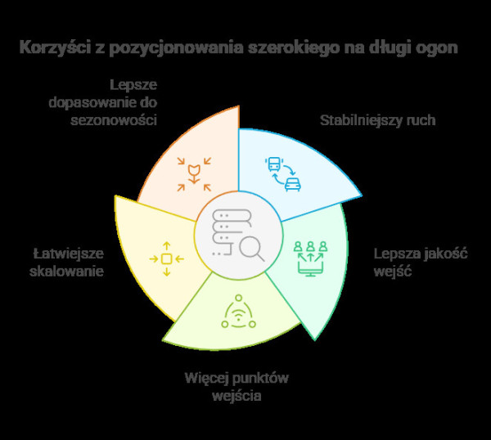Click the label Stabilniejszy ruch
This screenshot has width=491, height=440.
(376, 120)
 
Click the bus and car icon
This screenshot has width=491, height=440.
(282, 173)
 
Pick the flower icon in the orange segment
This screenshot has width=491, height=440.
(194, 173)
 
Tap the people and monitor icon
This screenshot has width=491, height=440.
(310, 256)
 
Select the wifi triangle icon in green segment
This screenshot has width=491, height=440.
(238, 312)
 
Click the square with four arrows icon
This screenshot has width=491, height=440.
(166, 258)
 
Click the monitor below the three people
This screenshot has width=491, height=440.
(310, 267)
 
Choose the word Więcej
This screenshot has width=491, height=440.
(206, 378)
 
